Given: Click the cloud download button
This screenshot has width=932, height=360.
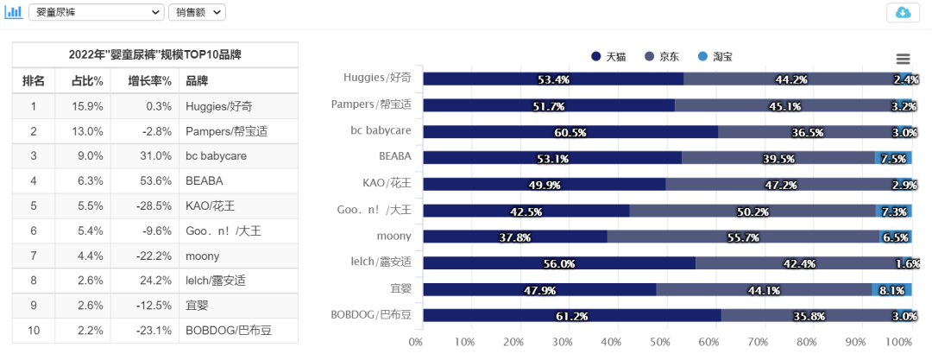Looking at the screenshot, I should click(903, 12).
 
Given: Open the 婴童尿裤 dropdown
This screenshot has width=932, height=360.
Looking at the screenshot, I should click(95, 12).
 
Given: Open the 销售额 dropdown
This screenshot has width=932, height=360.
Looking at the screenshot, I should click(198, 12).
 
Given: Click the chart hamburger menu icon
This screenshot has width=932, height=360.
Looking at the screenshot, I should click(903, 59).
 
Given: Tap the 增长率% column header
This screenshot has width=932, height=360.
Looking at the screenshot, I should click(144, 81).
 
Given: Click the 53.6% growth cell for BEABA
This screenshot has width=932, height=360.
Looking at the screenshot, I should click(144, 180).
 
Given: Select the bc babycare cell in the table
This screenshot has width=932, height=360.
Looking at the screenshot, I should click(216, 155).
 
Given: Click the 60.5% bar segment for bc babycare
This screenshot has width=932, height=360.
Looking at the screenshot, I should click(570, 132).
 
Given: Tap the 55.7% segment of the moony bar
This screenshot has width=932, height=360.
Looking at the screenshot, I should click(743, 237).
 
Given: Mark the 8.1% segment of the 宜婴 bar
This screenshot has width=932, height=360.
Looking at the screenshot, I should click(891, 289).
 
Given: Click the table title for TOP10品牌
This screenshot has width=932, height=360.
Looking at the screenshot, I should click(155, 54).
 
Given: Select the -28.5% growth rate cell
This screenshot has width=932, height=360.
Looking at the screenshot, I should click(144, 205).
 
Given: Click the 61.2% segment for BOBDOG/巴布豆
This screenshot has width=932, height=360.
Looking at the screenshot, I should click(571, 315).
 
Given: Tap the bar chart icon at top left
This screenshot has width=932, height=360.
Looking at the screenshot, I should click(14, 12).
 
